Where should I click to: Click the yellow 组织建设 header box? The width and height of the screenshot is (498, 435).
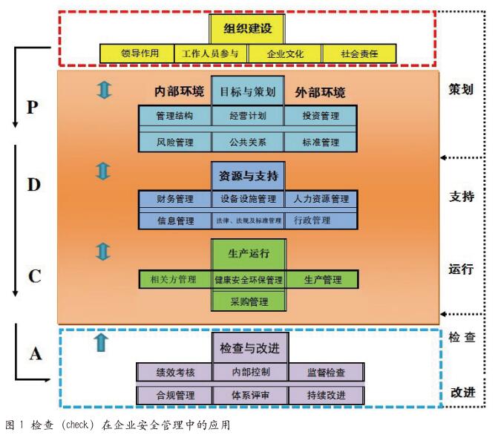tap(248, 29)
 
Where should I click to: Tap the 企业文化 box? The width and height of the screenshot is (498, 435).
tap(285, 54)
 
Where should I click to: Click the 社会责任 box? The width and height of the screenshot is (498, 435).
tap(360, 54)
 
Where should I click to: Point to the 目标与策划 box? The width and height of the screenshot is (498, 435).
tap(248, 92)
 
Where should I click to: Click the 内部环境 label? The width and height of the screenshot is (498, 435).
tap(178, 92)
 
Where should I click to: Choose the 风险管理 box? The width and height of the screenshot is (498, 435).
tap(174, 142)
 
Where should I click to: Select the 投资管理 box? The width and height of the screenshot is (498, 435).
tap(321, 116)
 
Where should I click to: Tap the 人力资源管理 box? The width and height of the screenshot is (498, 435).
tap(321, 199)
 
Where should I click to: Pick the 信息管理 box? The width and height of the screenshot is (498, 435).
tap(174, 220)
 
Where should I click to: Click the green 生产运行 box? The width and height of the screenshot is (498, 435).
tap(248, 254)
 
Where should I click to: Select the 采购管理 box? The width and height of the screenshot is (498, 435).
tap(248, 301)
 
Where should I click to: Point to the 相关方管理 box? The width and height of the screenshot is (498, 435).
tap(174, 279)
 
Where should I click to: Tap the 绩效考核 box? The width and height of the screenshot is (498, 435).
tap(174, 372)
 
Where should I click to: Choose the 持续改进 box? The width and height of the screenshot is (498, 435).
tap(325, 394)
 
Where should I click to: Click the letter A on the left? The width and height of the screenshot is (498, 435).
tap(36, 353)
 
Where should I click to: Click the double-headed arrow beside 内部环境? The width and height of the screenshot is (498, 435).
tap(104, 90)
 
